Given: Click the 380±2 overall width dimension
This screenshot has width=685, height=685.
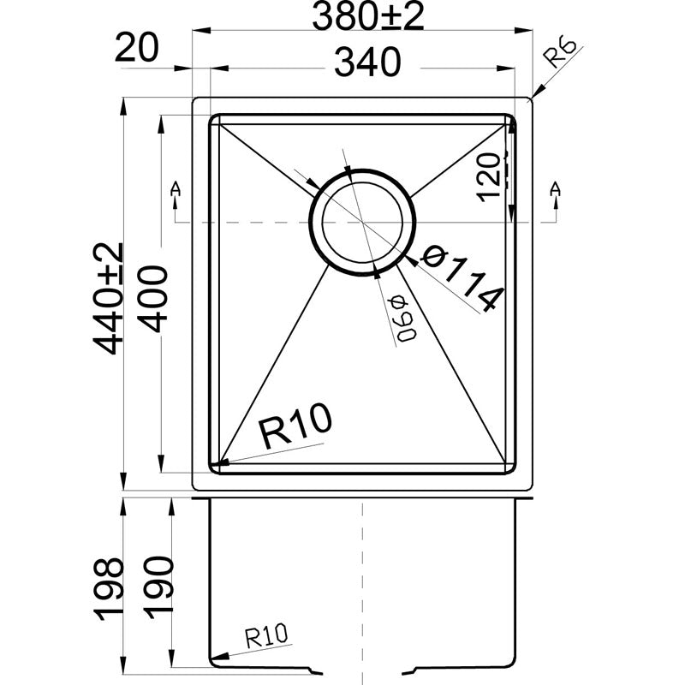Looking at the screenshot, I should click(368, 17).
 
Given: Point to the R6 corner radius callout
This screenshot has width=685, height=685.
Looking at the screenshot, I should click(562, 53).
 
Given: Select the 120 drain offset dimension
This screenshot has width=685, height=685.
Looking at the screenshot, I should click(489, 176).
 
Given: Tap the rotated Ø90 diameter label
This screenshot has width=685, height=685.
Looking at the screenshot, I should click(402, 318).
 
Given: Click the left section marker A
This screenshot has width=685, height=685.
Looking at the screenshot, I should click(176, 188).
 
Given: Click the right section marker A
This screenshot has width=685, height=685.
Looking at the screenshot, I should click(556, 188).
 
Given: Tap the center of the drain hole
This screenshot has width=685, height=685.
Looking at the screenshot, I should click(362, 222).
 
